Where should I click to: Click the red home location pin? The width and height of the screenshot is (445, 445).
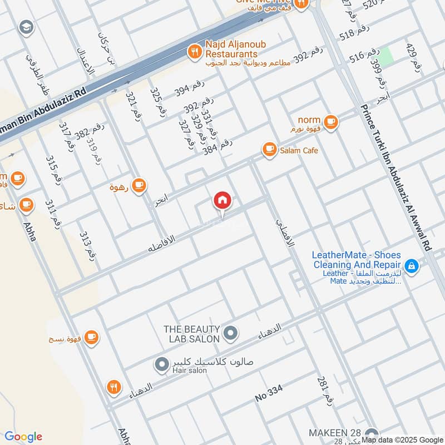[x=222, y=201]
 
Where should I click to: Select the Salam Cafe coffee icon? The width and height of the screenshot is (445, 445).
[x=270, y=150]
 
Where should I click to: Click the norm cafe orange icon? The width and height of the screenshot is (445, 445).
[x=330, y=121]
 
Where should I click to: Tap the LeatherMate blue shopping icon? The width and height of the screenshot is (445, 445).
[x=411, y=266]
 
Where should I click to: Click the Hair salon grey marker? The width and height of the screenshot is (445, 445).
[x=161, y=365]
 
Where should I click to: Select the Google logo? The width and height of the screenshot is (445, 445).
[x=23, y=437]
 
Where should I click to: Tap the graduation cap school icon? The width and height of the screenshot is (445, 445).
[x=26, y=27]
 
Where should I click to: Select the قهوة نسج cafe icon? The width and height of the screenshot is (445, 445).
[x=91, y=337]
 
